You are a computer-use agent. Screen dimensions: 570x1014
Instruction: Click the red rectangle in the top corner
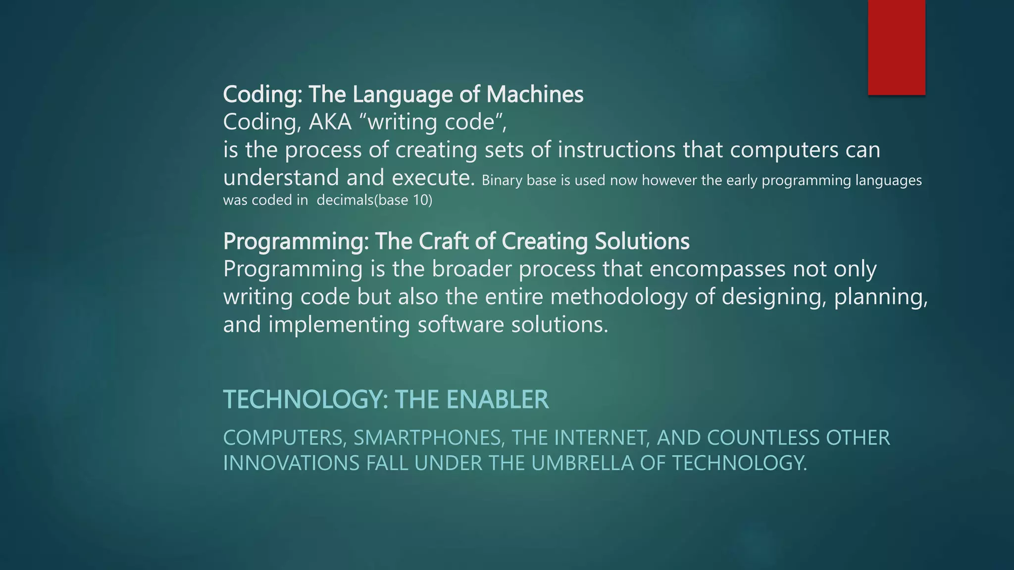coord(896,47)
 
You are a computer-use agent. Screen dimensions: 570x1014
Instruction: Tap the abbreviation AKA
coord(330,122)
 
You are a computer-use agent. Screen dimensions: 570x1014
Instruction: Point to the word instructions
coord(616,149)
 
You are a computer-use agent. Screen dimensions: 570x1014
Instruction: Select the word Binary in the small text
coord(502,181)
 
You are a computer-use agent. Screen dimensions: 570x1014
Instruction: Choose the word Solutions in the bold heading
coord(642,241)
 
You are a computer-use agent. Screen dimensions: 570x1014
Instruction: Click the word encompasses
coord(717,269)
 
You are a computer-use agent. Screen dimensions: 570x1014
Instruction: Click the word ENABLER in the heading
coord(497,399)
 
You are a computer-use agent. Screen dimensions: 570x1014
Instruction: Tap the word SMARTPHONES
coord(428,438)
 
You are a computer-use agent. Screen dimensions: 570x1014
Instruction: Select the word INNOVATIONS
coord(291,463)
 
